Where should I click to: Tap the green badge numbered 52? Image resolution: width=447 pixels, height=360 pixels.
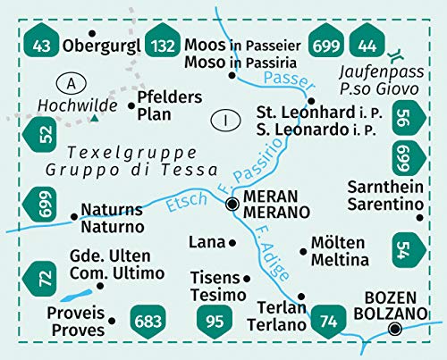[40, 135]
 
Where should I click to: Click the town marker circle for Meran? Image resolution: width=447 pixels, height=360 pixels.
[232, 205]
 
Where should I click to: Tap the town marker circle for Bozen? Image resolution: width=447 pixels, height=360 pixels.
[395, 330]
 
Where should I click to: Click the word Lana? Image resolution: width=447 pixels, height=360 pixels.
[206, 242]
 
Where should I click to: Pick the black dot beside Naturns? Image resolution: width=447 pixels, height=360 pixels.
[73, 215]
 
